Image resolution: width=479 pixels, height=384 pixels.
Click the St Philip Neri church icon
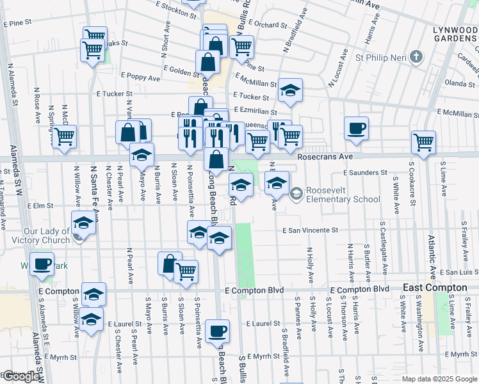(x=416, y=56)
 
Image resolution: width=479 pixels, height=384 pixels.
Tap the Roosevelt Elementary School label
(x=343, y=195)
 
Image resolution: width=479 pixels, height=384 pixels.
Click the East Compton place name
(x=435, y=288)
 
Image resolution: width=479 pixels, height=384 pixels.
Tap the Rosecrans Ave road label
(x=325, y=156)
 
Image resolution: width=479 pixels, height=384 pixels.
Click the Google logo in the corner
(x=21, y=376)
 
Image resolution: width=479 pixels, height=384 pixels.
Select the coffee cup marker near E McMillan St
(x=356, y=128)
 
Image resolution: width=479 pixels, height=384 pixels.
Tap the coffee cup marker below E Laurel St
(x=218, y=330)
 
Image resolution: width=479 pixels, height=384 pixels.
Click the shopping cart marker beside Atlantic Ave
(x=423, y=143)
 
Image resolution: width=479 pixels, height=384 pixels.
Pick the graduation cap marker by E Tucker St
(x=290, y=90)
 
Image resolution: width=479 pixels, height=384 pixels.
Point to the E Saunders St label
(x=365, y=172)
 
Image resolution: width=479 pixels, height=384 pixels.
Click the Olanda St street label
(x=460, y=83)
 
